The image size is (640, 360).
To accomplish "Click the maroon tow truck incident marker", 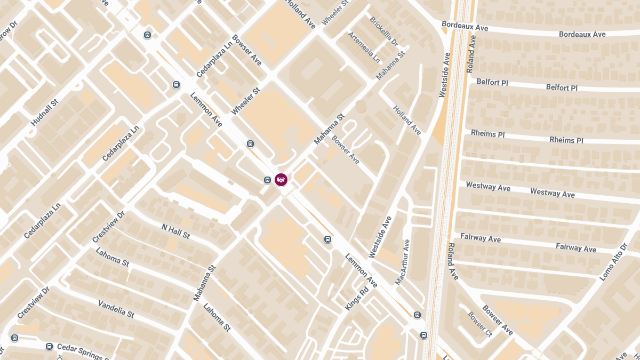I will [281, 179].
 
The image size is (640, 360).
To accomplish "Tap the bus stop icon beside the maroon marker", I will [267, 180].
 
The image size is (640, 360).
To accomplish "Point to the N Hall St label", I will [175, 231].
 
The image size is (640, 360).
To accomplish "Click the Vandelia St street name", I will [116, 309].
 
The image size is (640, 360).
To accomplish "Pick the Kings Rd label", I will [357, 300].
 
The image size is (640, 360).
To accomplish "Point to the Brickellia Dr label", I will [383, 30].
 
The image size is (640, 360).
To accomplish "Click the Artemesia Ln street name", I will [364, 46].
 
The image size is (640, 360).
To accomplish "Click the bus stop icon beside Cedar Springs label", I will [49, 346].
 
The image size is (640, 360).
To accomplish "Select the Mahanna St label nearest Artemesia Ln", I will [390, 66].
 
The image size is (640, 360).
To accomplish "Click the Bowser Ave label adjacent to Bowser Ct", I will [497, 320].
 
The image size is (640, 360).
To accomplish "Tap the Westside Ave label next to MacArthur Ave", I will [380, 237].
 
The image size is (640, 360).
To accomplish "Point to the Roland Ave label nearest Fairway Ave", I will [452, 261].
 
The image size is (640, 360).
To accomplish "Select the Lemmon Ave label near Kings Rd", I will [361, 270].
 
